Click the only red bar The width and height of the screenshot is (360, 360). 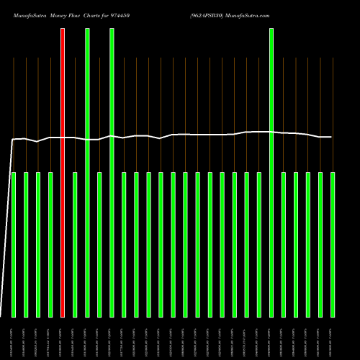63,173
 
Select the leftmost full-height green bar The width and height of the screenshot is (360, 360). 87,173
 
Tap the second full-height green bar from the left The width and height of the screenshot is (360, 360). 112,173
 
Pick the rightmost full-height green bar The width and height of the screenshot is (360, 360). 271,173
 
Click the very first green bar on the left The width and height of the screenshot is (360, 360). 14,245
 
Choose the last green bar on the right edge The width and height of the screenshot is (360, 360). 333,245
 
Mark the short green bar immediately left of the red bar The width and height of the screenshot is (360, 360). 50,245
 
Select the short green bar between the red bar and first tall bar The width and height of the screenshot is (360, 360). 75,245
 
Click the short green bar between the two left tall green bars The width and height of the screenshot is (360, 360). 99,245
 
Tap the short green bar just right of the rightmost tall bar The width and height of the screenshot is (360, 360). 284,245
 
